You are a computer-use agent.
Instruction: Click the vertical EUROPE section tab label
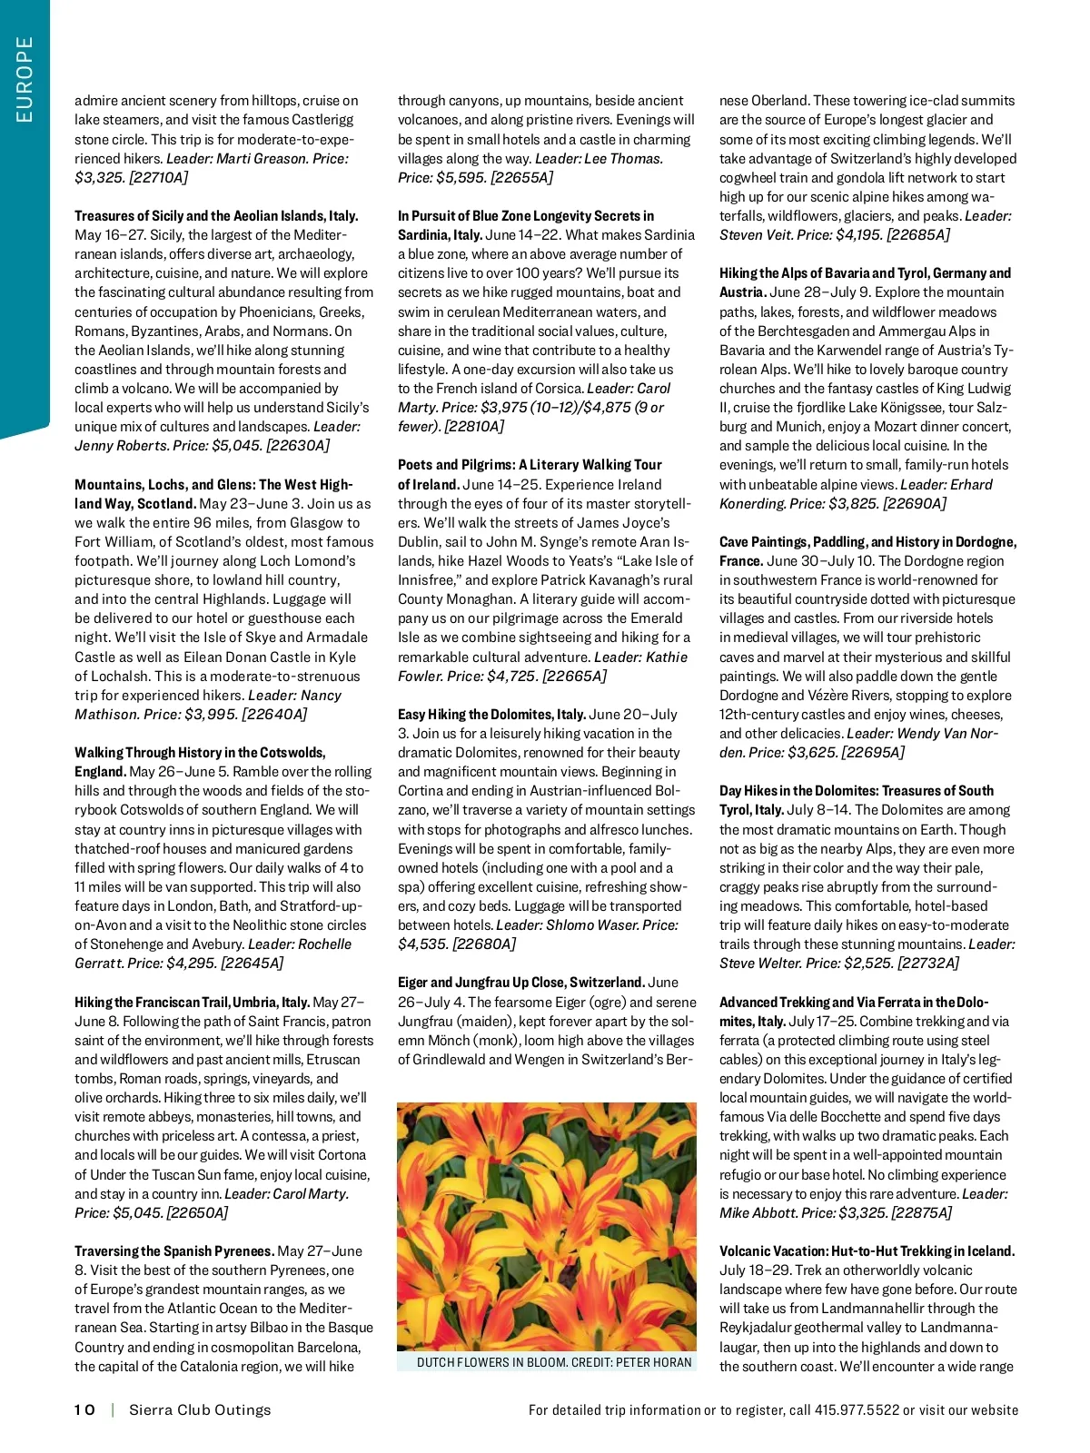point(25,79)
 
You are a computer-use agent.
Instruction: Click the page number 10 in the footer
point(84,1409)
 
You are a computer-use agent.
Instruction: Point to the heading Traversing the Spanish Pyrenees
point(174,1250)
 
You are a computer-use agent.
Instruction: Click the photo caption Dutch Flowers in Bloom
point(554,1362)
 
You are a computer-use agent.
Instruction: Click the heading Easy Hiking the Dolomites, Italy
point(491,714)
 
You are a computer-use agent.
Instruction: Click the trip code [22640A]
point(274,714)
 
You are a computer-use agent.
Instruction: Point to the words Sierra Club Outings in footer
point(200,1409)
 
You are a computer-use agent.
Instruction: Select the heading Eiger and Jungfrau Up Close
point(521,982)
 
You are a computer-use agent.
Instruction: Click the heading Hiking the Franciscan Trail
point(192,1002)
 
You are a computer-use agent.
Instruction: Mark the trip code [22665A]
point(575,676)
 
